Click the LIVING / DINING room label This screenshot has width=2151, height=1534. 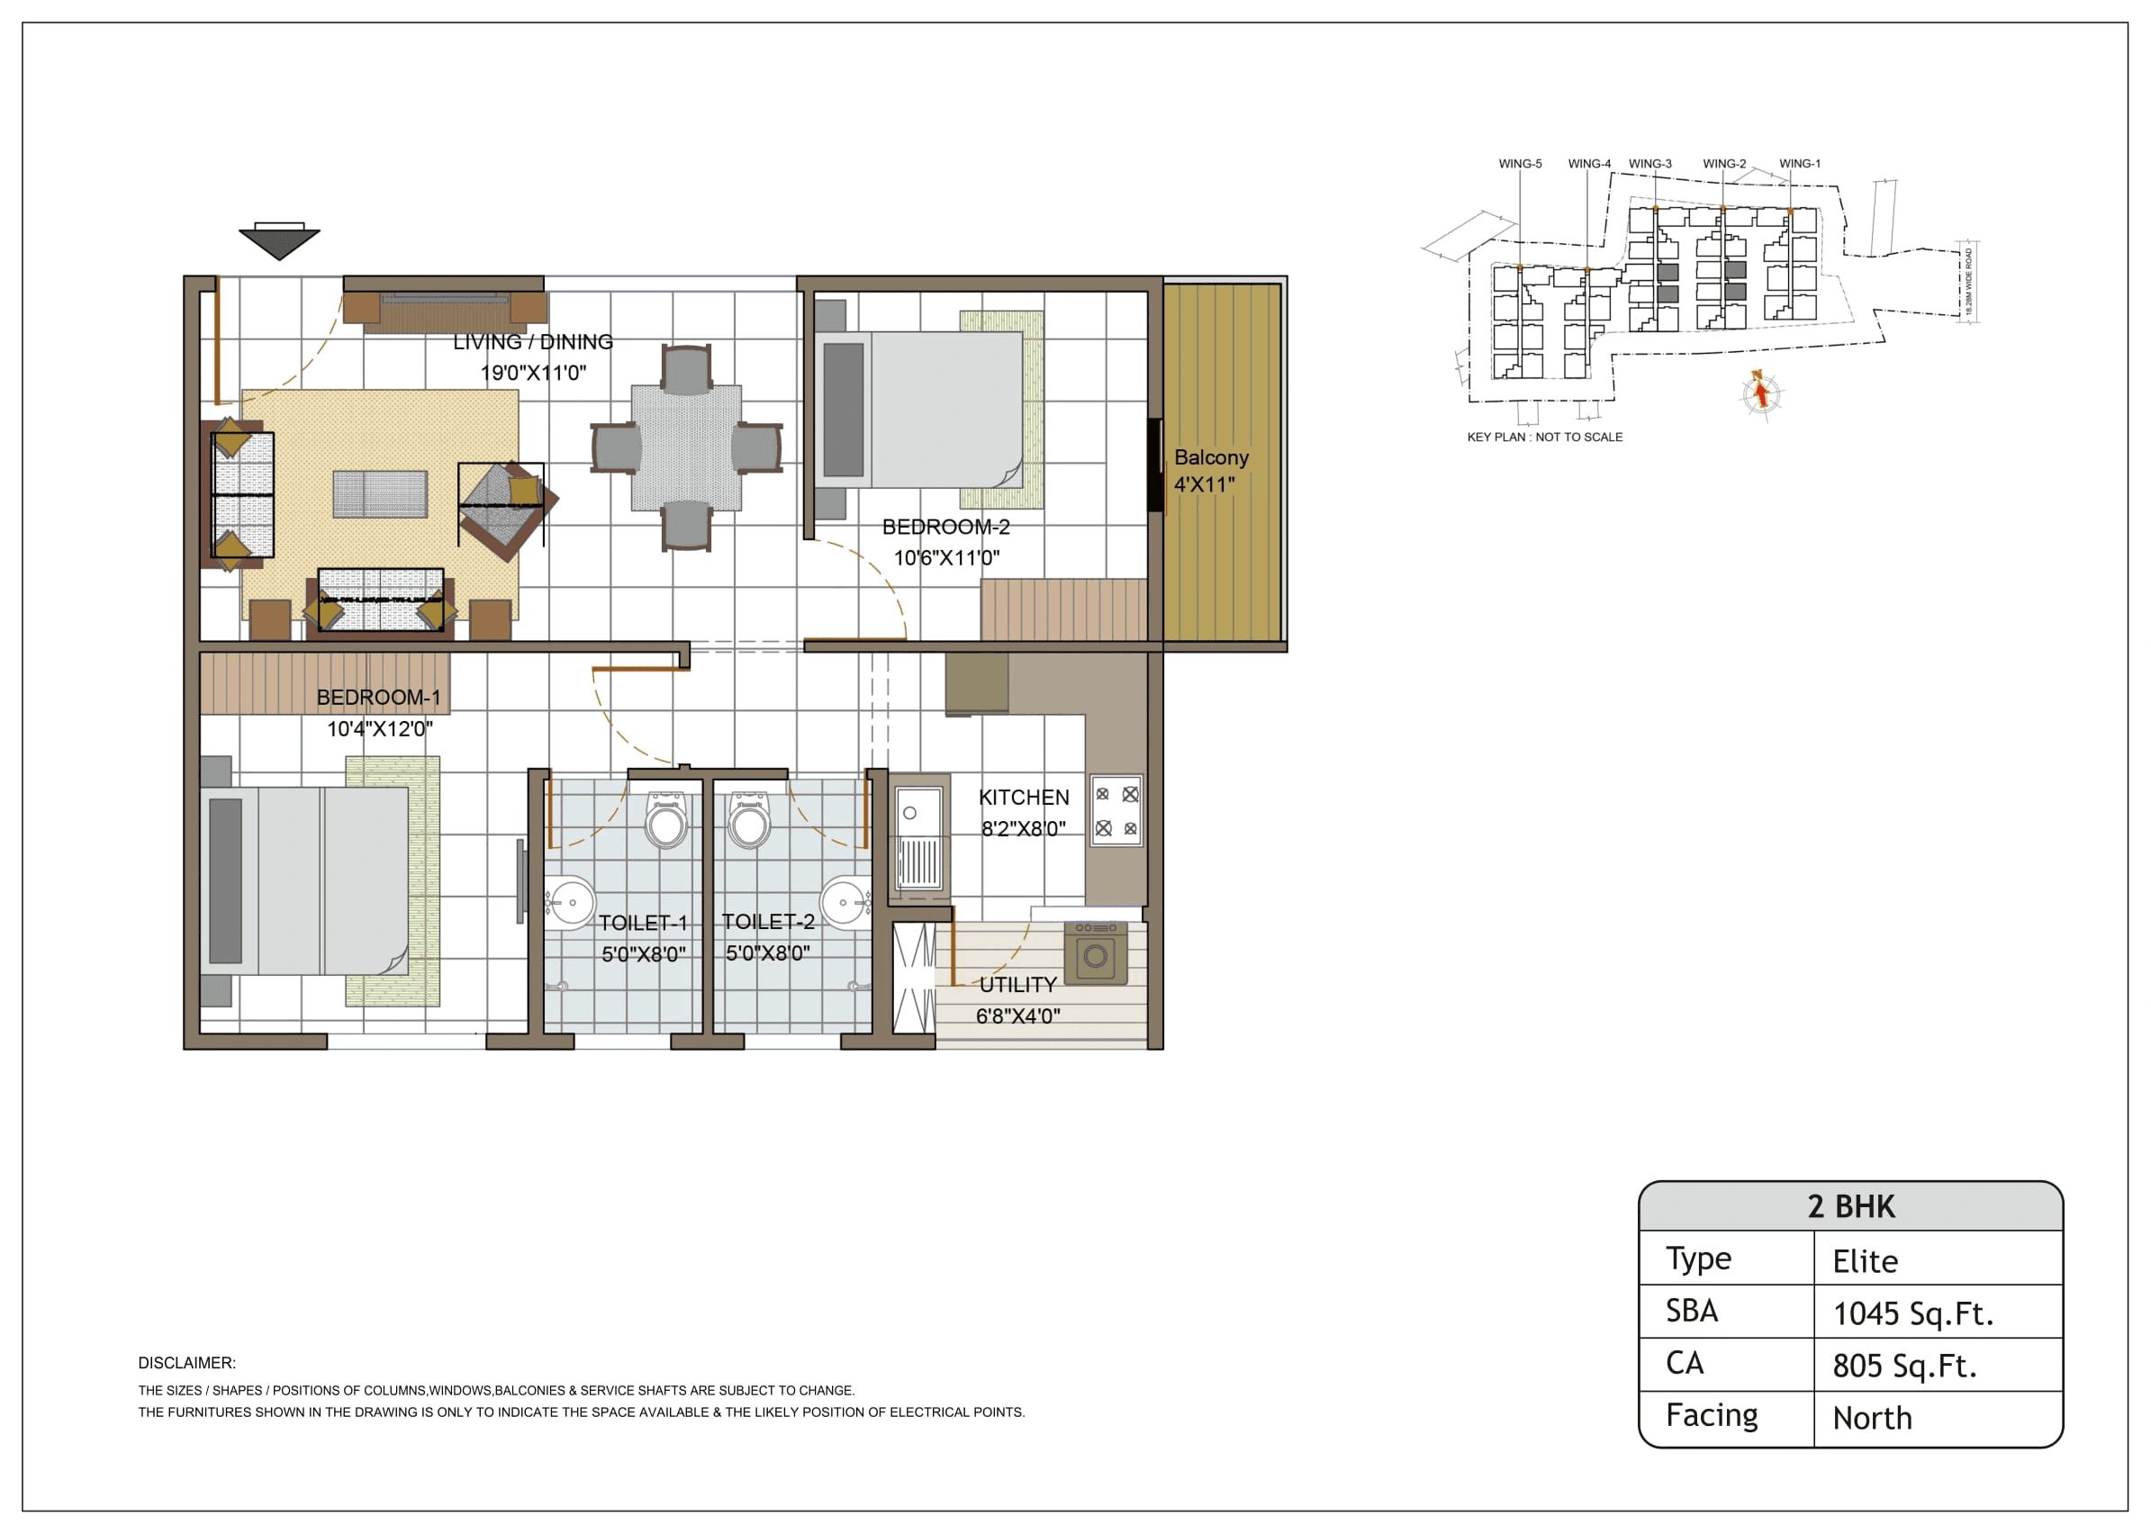[x=533, y=342]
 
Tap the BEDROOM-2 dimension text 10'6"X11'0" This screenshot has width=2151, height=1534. [x=946, y=557]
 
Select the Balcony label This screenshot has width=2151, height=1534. [x=1210, y=457]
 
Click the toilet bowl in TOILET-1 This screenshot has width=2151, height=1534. [x=666, y=821]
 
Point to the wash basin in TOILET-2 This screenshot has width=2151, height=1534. [x=843, y=902]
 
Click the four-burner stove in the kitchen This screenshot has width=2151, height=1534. [x=1116, y=810]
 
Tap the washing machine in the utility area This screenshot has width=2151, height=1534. [x=1095, y=954]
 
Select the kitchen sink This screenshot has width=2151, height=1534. [x=919, y=833]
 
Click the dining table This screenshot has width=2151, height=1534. [x=686, y=447]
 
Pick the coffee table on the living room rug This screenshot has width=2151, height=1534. [x=380, y=494]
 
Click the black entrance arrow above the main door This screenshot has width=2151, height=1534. [x=279, y=243]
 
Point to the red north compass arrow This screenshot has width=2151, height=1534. [x=1760, y=392]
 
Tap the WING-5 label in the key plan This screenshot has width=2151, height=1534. [x=1519, y=164]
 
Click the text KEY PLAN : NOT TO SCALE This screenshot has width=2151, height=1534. [x=1544, y=438]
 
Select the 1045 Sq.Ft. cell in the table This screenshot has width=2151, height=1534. [x=1912, y=1313]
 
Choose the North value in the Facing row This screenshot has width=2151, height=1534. [x=1871, y=1418]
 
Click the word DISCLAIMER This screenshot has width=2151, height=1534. [x=187, y=1363]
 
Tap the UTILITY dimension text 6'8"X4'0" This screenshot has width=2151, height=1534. [x=1017, y=1016]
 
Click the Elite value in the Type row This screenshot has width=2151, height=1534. [x=1864, y=1261]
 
